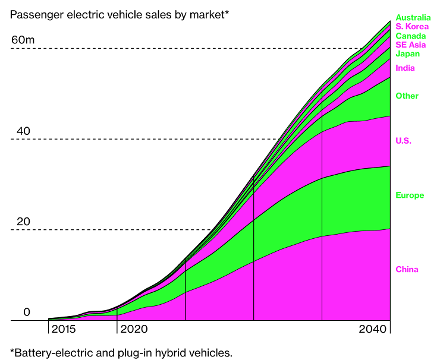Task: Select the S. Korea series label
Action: [412, 27]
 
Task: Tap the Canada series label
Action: [410, 36]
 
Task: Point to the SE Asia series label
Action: [411, 45]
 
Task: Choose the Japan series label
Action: [407, 54]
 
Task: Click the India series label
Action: [405, 68]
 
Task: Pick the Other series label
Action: [407, 96]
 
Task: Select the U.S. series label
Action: [403, 141]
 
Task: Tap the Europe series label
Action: [410, 195]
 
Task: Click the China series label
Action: [407, 270]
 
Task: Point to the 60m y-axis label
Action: [23, 40]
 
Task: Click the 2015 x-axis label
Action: [64, 329]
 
